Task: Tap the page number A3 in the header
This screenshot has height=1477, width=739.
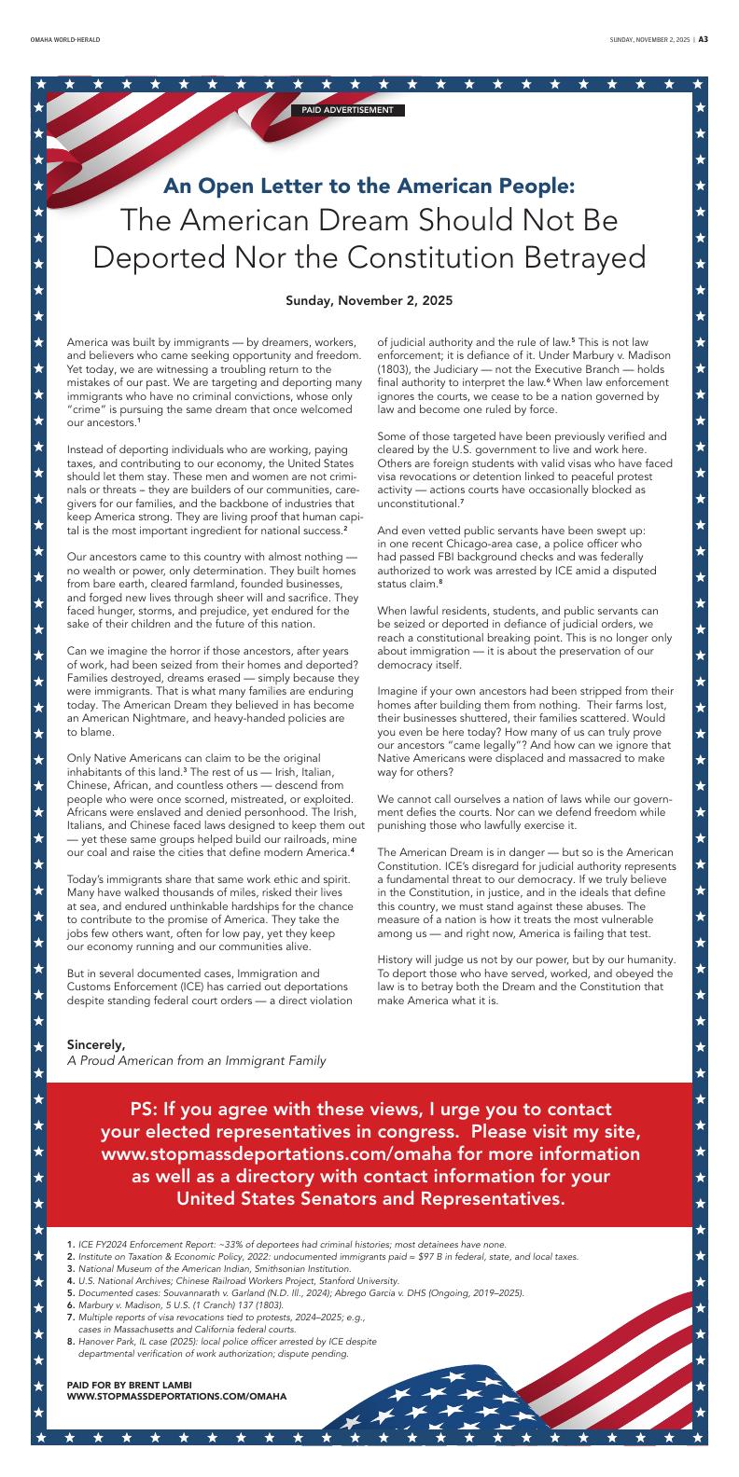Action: pos(704,40)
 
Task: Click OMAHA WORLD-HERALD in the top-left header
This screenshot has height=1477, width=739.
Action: pos(64,40)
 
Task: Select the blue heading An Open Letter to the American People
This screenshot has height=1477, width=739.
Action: pos(369,185)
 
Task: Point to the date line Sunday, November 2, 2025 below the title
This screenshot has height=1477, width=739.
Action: pos(369,301)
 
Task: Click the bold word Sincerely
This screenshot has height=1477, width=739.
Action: pos(96,1043)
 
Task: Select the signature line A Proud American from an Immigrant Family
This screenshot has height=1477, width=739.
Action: pos(196,1060)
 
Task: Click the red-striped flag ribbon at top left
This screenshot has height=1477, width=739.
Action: pos(140,131)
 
